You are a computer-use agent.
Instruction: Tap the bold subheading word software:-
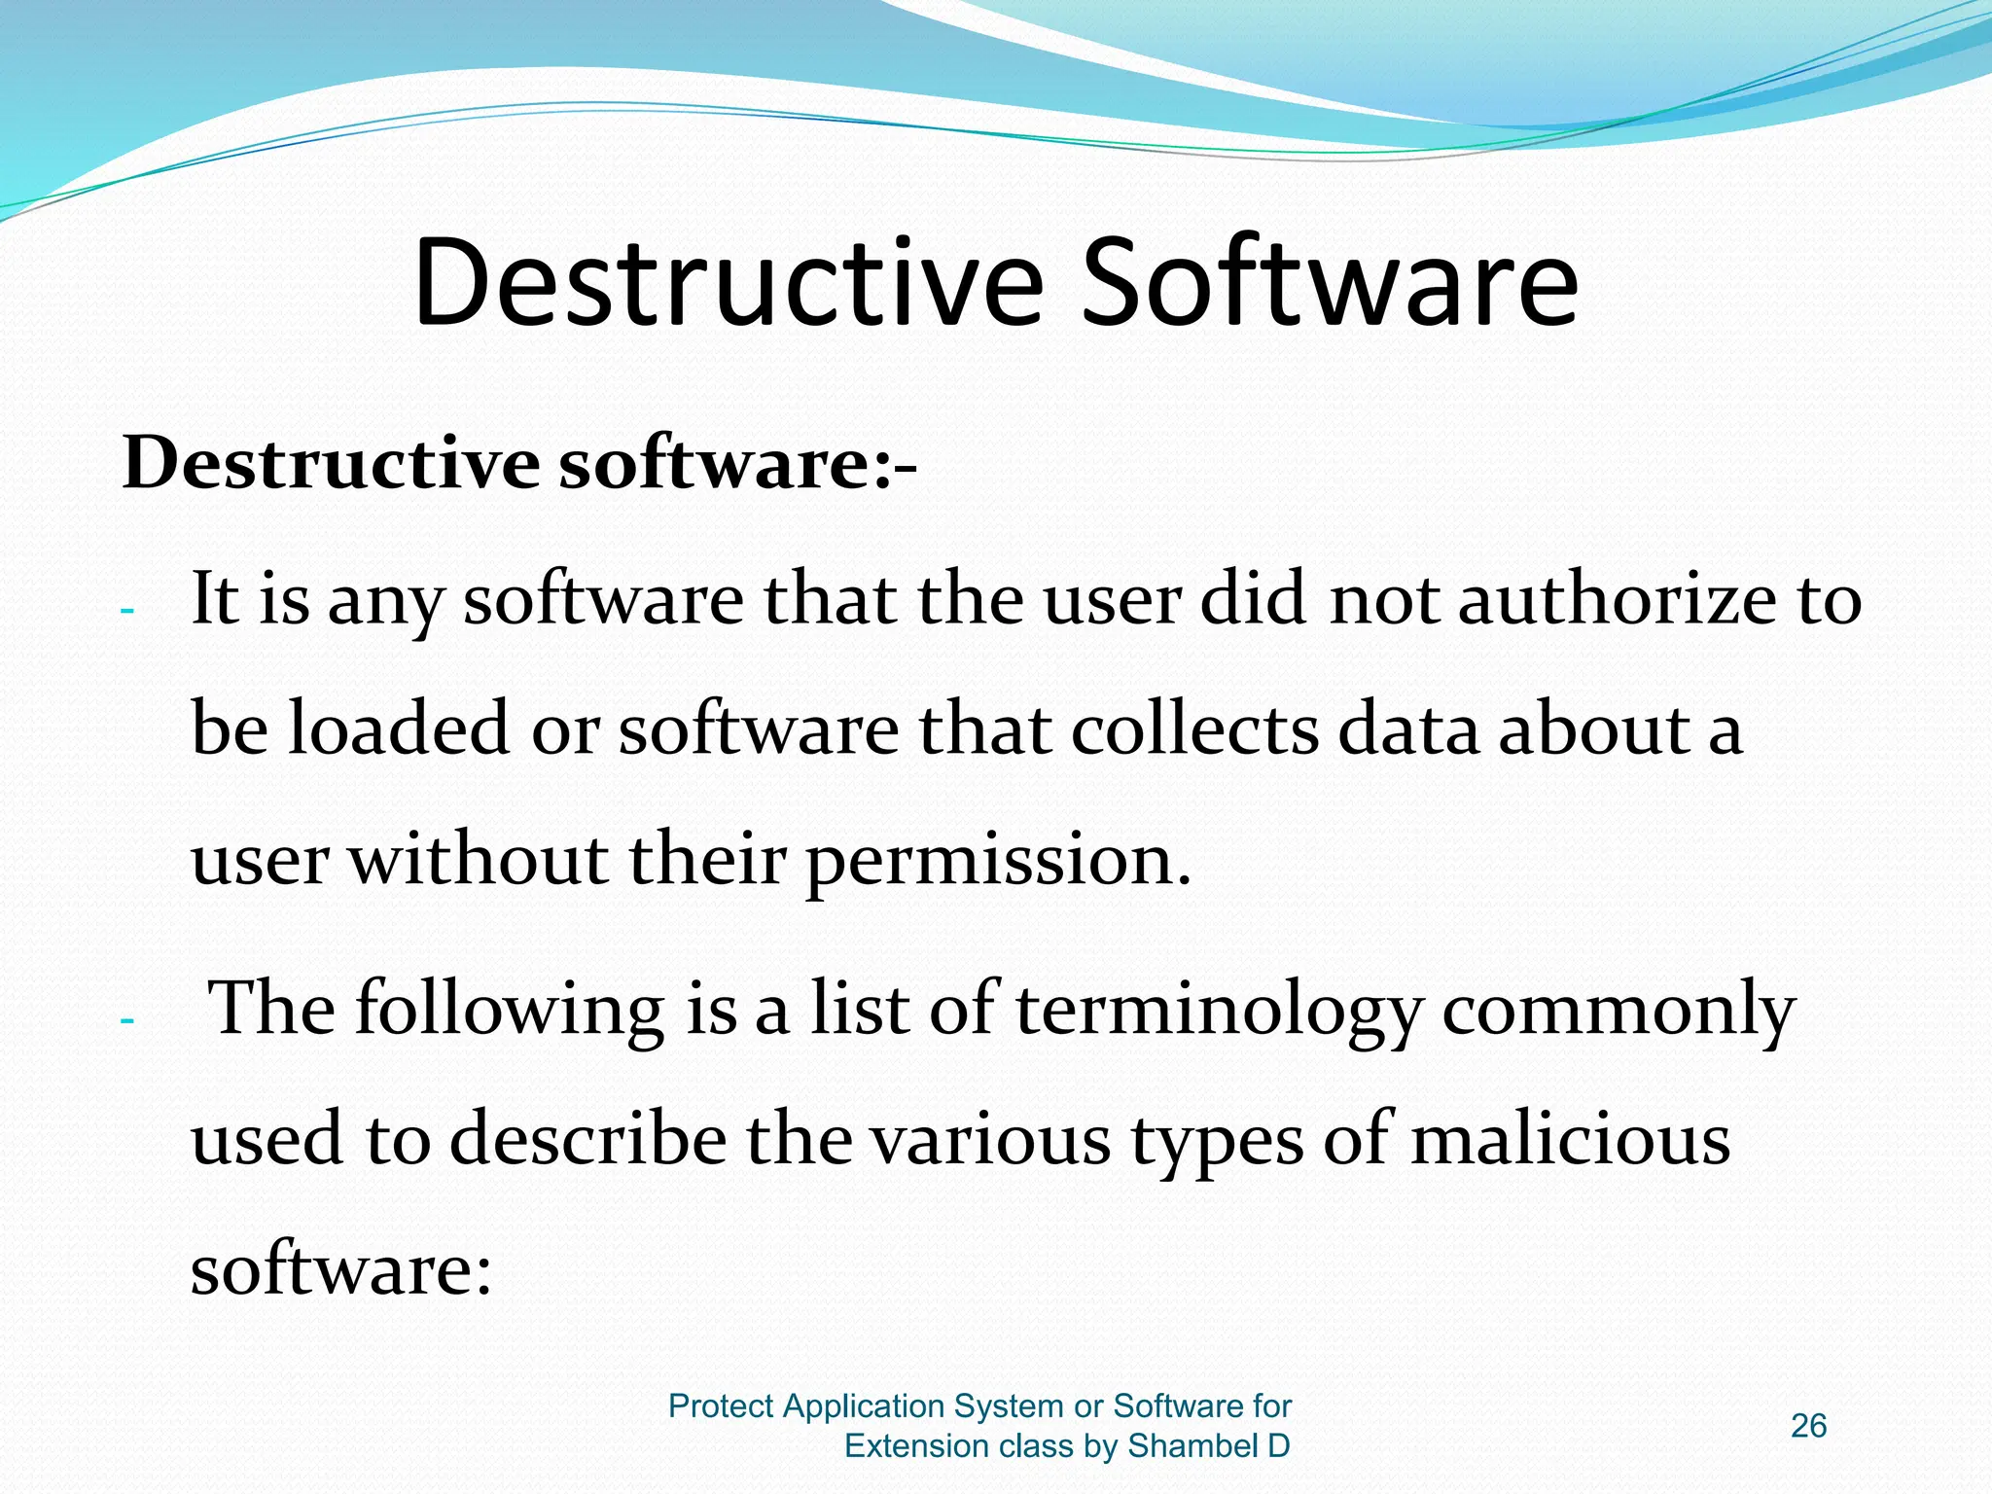point(737,463)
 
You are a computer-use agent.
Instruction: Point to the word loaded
point(399,729)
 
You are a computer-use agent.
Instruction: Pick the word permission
point(998,862)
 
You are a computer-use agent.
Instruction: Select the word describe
point(587,1140)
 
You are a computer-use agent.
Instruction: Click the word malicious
point(1570,1140)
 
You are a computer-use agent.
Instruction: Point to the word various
point(989,1140)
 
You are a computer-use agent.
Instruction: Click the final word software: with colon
point(341,1270)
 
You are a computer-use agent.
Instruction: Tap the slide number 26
point(1808,1426)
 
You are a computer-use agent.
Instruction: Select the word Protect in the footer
point(721,1406)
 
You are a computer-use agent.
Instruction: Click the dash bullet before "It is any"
point(126,612)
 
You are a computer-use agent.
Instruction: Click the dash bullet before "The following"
point(126,1021)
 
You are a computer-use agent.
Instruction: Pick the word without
point(478,862)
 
